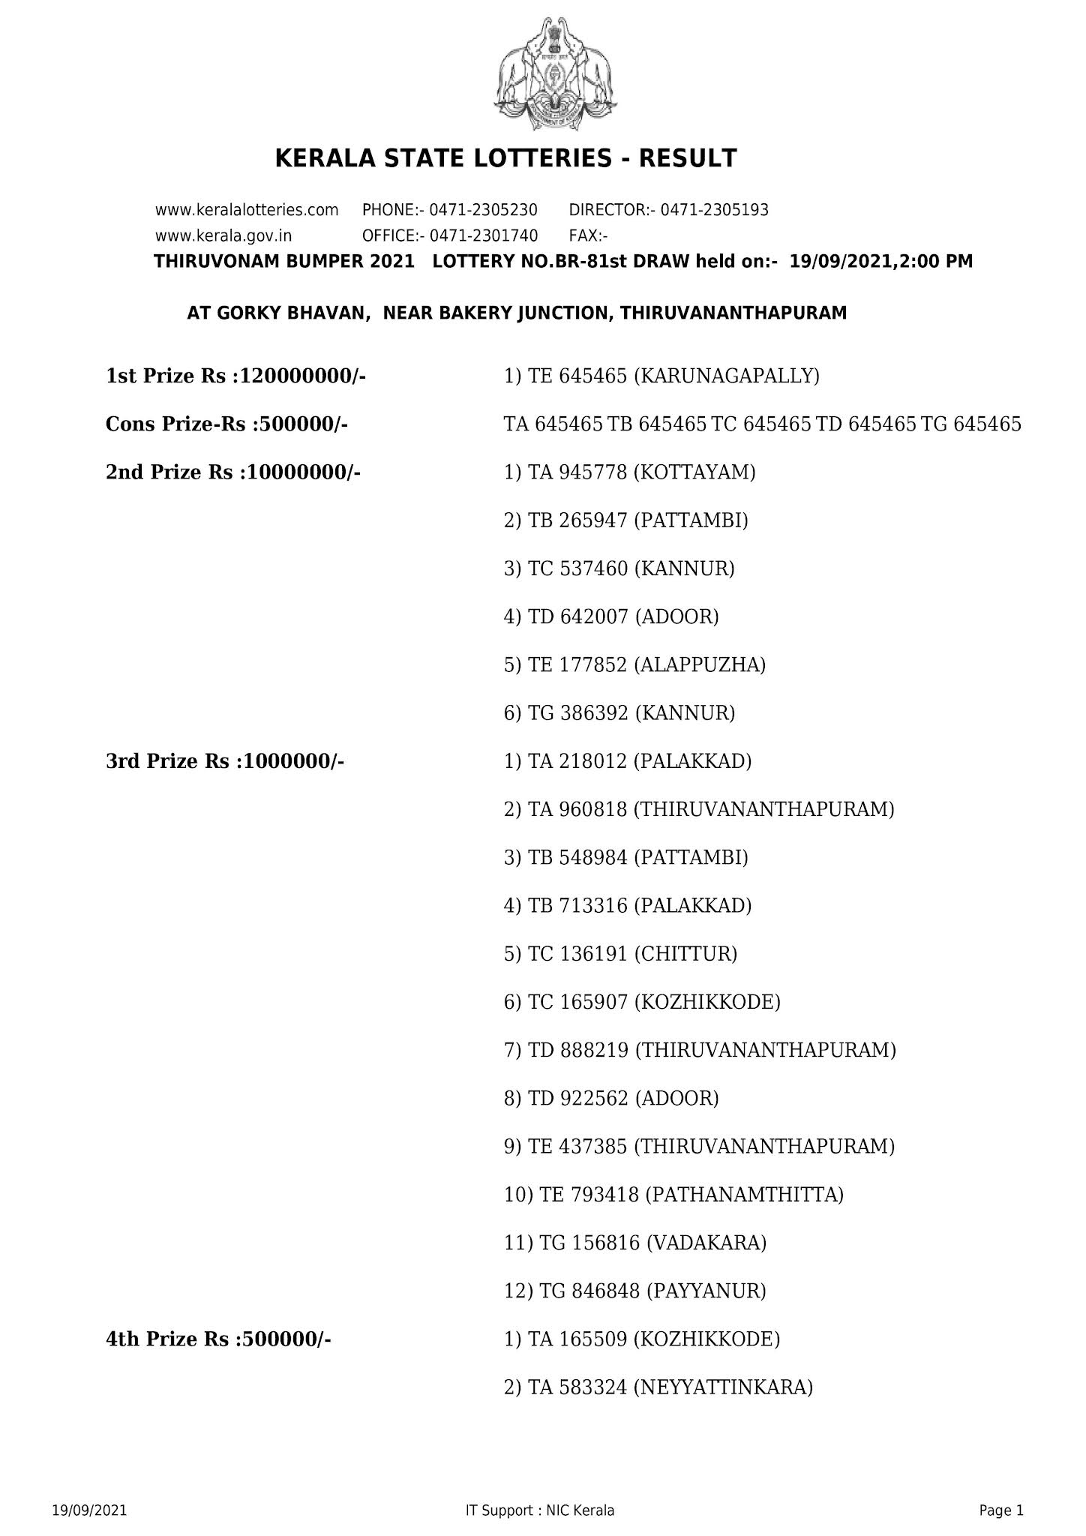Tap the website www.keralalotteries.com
click(x=247, y=210)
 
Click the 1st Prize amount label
click(x=235, y=376)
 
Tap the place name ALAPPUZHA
click(x=700, y=665)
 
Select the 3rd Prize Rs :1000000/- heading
click(x=225, y=762)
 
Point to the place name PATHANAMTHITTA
click(x=744, y=1195)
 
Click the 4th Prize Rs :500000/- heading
click(x=218, y=1339)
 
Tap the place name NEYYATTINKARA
click(x=723, y=1387)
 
